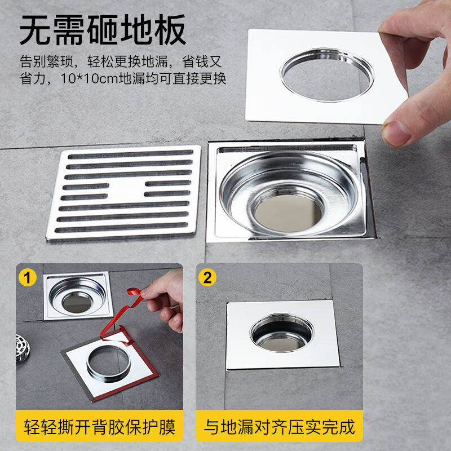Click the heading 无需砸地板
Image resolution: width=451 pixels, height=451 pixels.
pos(103,30)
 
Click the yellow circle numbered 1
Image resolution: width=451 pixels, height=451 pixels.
pos(27,277)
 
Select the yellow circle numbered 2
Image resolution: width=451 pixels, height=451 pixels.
pos(207,277)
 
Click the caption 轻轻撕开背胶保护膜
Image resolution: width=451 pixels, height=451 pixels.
pos(100,427)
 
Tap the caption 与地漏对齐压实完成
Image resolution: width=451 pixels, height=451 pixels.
pos(279,427)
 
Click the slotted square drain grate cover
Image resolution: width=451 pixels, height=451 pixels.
pos(123,193)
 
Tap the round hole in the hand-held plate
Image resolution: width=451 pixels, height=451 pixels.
pos(327,76)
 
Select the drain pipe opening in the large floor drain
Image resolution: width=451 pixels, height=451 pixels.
pos(288,213)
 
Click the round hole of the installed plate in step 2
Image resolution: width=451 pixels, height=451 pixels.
pos(281,333)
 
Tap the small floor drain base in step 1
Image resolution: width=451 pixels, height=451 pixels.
pos(78,296)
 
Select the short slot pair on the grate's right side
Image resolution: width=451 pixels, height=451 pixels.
pos(167,188)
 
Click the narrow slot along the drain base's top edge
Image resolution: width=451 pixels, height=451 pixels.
pos(288,149)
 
